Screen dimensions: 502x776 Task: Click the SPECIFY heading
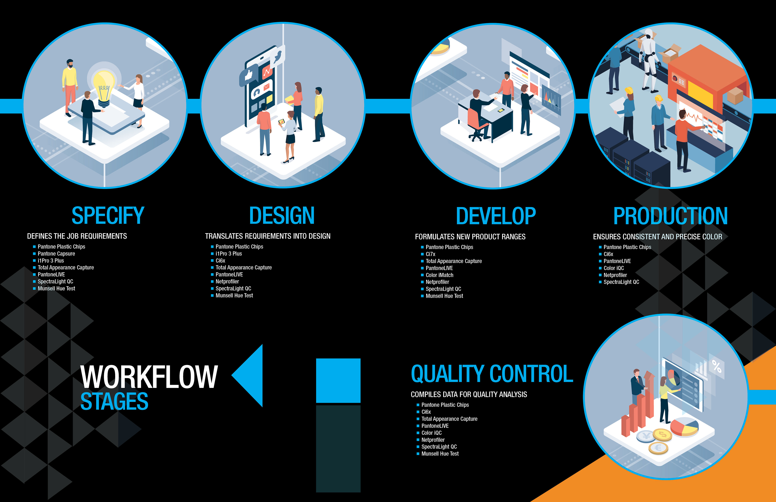[x=108, y=216]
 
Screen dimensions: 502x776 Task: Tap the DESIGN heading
[x=282, y=216]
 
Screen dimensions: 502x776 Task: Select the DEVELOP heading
[x=496, y=216]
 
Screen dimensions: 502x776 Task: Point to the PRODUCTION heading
[x=670, y=216]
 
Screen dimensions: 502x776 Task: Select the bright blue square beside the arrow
[x=338, y=380]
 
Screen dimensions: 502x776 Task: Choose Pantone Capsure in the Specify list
[x=56, y=254]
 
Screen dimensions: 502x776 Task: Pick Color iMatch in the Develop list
[x=439, y=275]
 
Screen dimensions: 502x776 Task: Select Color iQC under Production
[x=613, y=268]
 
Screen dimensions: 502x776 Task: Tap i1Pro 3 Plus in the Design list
[x=229, y=254]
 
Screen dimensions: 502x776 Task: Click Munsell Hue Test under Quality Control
[x=440, y=454]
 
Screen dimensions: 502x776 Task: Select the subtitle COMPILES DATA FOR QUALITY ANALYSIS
[x=469, y=394]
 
